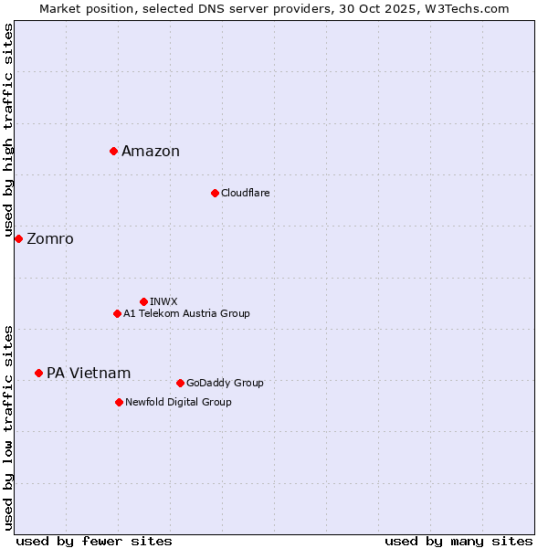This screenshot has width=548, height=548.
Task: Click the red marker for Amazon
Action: (x=113, y=151)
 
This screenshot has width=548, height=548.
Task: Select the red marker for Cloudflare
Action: (x=215, y=193)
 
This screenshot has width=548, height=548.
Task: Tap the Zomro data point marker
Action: (x=18, y=238)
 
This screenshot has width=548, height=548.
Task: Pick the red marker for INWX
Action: (x=143, y=301)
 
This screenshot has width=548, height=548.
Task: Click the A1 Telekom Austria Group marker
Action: (x=117, y=313)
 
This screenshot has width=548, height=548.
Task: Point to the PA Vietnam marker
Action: (x=38, y=373)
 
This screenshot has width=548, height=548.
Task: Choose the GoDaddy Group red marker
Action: (x=180, y=383)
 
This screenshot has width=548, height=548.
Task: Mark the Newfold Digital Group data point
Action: (x=119, y=402)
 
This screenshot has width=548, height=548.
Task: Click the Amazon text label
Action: (x=151, y=152)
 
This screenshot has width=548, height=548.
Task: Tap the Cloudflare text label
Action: (x=246, y=194)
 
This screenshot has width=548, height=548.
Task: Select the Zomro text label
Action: (x=50, y=239)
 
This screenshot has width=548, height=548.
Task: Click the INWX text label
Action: (x=163, y=301)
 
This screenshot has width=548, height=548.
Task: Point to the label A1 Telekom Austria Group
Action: (x=186, y=314)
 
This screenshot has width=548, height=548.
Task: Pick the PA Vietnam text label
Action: (x=89, y=374)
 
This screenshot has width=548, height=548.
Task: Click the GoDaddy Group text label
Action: (x=225, y=384)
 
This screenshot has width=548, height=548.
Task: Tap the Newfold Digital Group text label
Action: (x=178, y=403)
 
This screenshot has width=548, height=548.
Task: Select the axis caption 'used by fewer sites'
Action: (x=94, y=541)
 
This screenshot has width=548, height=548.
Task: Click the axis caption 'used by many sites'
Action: (x=458, y=541)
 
